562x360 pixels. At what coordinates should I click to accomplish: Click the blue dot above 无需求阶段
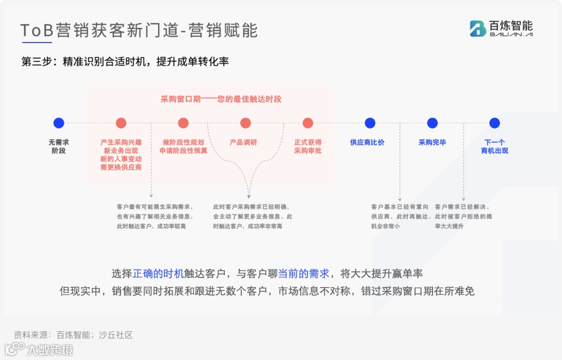59,123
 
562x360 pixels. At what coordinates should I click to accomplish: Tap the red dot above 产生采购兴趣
121,123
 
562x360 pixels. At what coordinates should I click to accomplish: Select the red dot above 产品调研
246,123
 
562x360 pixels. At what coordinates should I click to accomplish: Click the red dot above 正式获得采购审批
308,123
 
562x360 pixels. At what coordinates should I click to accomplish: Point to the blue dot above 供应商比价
370,123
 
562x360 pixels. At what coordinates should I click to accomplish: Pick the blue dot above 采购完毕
432,123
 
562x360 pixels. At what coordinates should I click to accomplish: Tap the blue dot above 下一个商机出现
494,123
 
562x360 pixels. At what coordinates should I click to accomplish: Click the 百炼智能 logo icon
478,29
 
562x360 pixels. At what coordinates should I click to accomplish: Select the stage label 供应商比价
367,142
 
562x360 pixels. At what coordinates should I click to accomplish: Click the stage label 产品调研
244,142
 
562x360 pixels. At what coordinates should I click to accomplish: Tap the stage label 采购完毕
432,142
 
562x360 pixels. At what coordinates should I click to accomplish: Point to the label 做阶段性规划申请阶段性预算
183,146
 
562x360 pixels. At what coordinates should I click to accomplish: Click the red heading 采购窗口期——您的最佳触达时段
221,99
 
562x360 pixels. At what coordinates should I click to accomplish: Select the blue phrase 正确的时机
158,274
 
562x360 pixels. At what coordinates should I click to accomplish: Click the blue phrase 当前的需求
304,274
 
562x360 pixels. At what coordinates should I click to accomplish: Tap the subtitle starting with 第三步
125,61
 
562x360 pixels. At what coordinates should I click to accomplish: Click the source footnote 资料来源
73,335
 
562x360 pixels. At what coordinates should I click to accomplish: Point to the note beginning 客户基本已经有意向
400,216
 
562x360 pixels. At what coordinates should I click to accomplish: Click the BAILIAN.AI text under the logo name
511,35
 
